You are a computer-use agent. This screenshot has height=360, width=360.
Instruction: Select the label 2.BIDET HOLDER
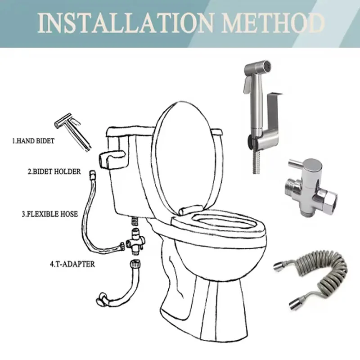pyautogui.click(x=54, y=171)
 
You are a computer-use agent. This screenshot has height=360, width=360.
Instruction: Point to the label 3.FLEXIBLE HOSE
pyautogui.click(x=50, y=215)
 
